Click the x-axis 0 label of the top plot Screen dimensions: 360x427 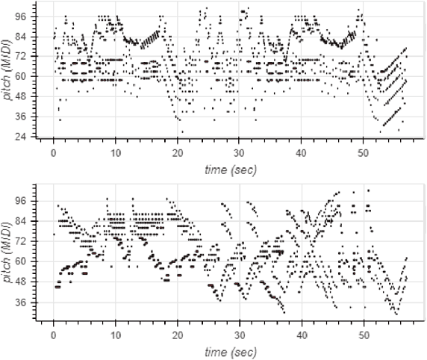pyautogui.click(x=53, y=153)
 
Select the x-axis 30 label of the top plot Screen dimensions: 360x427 pyautogui.click(x=238, y=153)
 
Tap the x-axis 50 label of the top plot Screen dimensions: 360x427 pyautogui.click(x=362, y=153)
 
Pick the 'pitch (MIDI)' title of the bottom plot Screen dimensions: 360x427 pyautogui.click(x=10, y=255)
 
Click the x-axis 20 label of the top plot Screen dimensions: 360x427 pyautogui.click(x=177, y=153)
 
